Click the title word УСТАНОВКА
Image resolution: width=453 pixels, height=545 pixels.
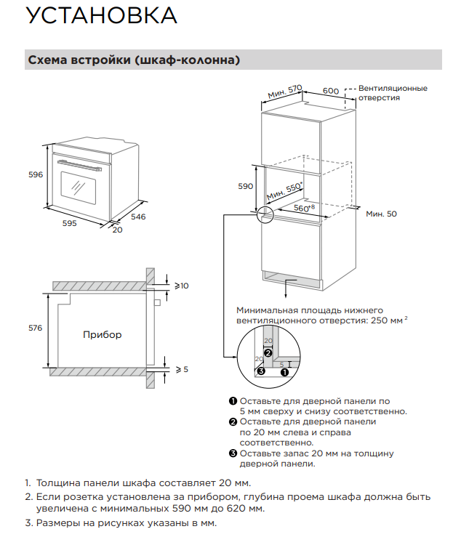(101, 15)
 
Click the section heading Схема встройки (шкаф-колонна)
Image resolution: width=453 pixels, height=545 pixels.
(133, 60)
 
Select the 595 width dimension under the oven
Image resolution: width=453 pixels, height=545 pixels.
(69, 224)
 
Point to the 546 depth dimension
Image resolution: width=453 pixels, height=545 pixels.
(138, 217)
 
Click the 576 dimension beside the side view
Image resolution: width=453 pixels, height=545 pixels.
(35, 328)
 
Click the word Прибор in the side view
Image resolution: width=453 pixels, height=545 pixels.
(103, 335)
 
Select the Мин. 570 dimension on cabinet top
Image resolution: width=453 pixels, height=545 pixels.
(284, 92)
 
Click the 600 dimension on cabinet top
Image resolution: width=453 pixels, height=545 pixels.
(331, 90)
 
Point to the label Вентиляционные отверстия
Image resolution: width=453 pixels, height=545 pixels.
(393, 93)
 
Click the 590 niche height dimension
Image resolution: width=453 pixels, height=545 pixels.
(246, 186)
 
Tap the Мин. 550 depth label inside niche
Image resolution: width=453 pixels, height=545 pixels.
(284, 191)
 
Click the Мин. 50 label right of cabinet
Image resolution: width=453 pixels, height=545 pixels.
(381, 214)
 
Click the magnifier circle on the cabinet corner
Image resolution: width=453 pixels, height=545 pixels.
(265, 214)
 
